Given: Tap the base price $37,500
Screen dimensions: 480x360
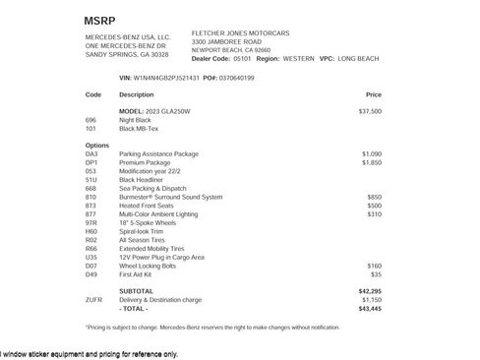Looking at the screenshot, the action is [x=370, y=112].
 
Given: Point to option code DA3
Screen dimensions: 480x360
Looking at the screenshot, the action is [x=92, y=154].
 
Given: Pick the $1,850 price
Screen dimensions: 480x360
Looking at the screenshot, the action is [x=371, y=163].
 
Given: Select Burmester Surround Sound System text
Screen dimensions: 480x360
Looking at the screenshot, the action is [x=171, y=197].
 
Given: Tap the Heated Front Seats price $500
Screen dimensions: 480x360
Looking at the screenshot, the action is [x=374, y=206].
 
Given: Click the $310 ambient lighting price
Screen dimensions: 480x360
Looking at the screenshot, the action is [x=374, y=213].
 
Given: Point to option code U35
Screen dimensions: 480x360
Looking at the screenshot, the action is [x=91, y=257].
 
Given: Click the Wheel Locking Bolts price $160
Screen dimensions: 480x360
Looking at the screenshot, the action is [x=374, y=266].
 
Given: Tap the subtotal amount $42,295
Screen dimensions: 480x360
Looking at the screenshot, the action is [x=370, y=291].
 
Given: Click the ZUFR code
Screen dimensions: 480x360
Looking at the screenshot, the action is [x=93, y=300].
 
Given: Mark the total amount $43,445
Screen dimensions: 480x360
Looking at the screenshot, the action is [x=370, y=309].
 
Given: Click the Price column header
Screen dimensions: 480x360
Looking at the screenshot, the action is [x=373, y=95].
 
